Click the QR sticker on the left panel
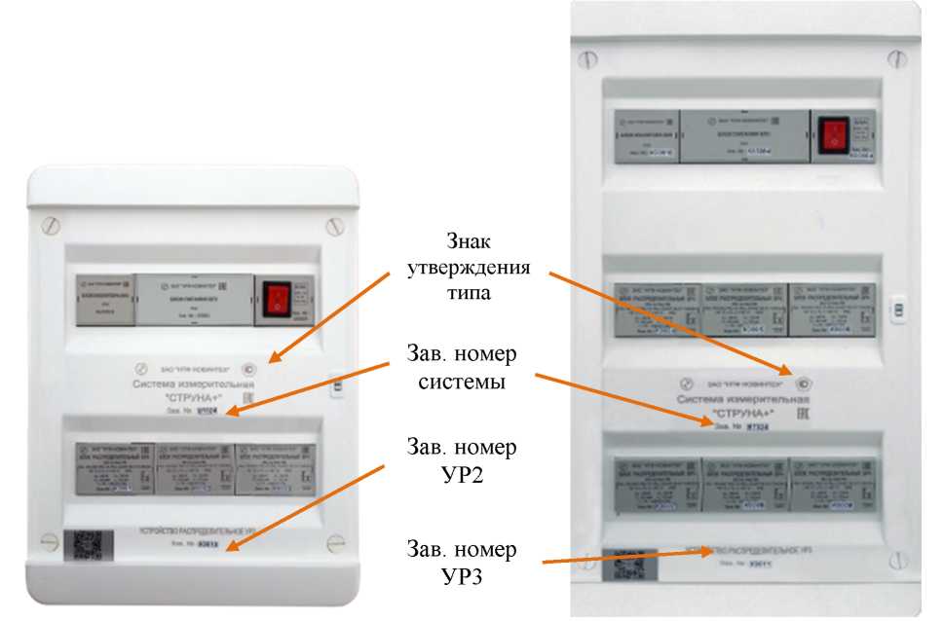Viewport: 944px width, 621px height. coord(83,548)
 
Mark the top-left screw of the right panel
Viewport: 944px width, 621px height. coord(586,59)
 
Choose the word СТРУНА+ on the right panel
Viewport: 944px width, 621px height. coord(752,412)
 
